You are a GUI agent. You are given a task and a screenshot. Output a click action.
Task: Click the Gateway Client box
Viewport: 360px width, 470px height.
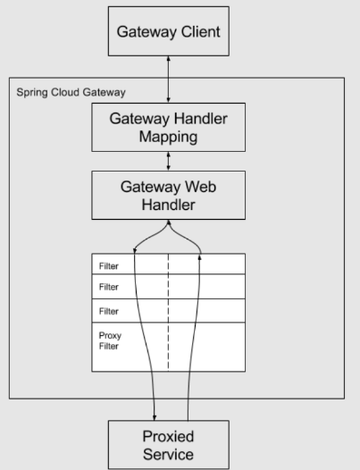coord(168,31)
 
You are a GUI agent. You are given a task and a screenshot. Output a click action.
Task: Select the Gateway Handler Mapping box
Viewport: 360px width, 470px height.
coord(168,128)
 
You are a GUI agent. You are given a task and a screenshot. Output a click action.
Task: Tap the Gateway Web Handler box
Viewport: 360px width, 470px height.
coord(168,195)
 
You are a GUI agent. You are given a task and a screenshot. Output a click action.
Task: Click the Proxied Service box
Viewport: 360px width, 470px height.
coord(168,444)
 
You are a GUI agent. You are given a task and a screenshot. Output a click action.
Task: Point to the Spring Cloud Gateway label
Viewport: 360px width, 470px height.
coord(71,92)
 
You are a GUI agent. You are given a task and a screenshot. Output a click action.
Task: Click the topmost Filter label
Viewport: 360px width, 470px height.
coord(108,265)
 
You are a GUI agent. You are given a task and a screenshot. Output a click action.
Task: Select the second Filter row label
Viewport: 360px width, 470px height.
coord(108,288)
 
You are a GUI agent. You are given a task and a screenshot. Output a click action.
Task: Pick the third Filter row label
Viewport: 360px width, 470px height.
coord(108,311)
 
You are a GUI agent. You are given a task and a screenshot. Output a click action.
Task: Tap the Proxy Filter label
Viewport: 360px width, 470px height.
coord(108,341)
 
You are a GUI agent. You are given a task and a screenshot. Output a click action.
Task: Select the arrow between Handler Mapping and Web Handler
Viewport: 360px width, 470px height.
coord(168,162)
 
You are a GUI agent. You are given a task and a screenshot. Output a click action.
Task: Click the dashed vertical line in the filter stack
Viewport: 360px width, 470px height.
coord(168,313)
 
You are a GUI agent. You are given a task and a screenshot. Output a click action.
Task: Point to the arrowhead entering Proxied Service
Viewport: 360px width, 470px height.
coord(155,415)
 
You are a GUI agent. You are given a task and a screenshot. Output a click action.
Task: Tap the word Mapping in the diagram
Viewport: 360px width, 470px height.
coord(168,138)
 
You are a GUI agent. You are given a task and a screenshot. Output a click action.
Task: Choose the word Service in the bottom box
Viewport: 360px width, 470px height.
coord(168,454)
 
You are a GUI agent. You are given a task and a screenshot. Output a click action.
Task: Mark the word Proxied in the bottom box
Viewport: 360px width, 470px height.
coord(168,436)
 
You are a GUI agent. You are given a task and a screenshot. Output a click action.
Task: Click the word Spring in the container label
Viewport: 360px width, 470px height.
coord(29,92)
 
